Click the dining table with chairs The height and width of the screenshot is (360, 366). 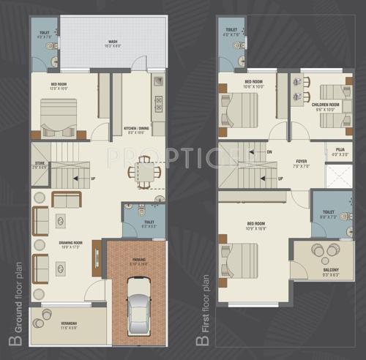(144, 173)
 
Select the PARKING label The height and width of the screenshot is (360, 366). (139, 258)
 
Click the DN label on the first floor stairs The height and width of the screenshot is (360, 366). (269, 151)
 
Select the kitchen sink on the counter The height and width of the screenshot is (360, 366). (157, 82)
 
